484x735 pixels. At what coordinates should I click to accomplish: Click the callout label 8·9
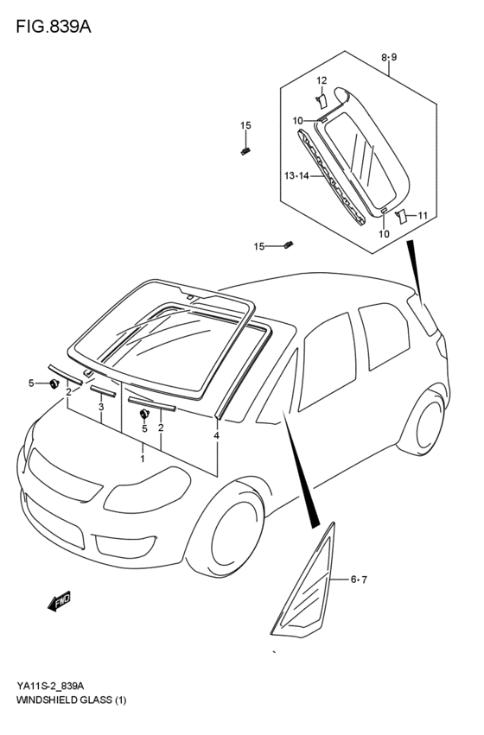point(389,57)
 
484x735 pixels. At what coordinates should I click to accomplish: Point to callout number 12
point(322,80)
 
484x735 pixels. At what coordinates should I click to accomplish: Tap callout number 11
point(422,215)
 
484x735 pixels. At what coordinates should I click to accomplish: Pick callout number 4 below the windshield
point(216,435)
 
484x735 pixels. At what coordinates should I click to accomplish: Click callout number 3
point(102,407)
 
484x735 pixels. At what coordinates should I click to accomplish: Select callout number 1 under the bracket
point(143,459)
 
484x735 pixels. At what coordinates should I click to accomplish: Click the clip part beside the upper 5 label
point(55,383)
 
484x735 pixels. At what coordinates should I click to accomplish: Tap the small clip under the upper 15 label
point(245,152)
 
